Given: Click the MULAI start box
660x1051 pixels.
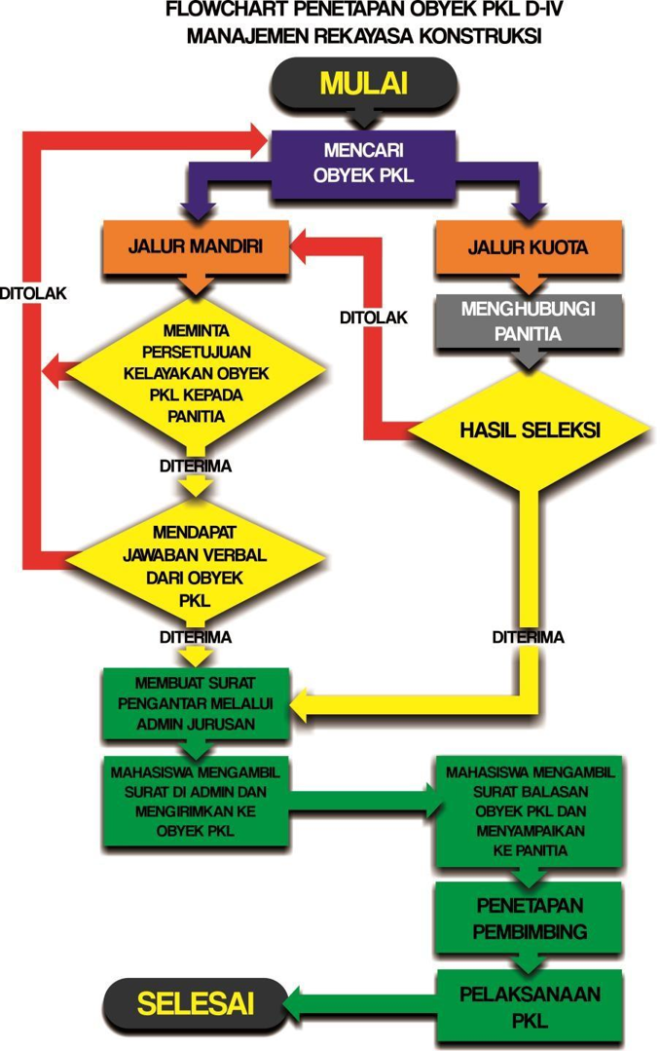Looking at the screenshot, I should click(363, 84).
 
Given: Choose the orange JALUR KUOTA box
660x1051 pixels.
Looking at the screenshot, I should click(527, 247).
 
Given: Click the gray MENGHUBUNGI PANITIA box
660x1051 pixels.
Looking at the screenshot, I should click(528, 319).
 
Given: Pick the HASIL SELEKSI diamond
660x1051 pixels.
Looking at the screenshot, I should click(528, 429).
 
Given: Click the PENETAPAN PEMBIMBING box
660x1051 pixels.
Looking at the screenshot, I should click(528, 916).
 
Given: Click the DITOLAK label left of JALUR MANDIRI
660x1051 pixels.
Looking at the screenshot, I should click(33, 292).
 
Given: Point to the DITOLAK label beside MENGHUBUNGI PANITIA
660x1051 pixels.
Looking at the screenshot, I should click(373, 317).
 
